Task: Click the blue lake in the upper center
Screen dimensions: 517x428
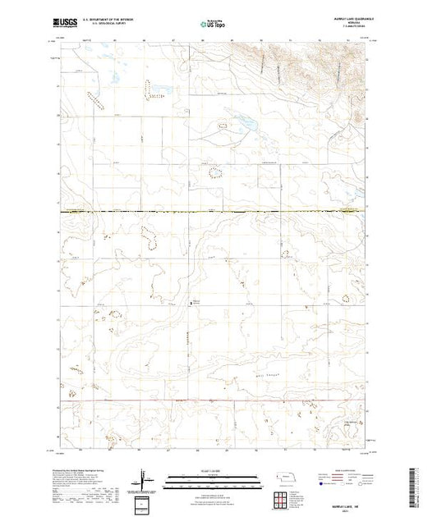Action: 244,125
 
